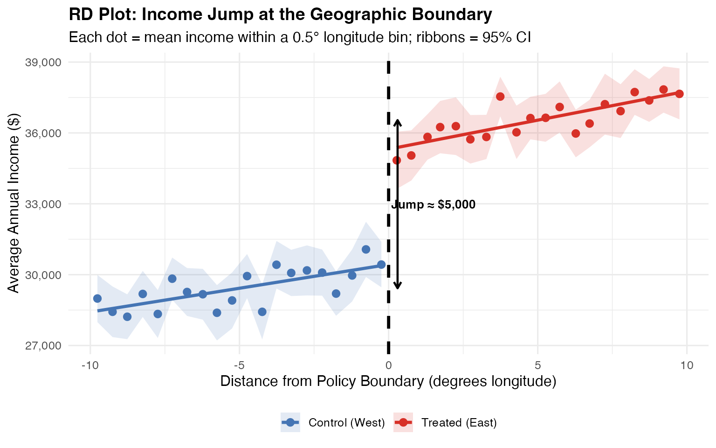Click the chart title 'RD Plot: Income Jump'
click(x=280, y=15)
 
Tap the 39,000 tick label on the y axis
click(x=42, y=63)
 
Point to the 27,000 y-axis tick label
click(x=42, y=346)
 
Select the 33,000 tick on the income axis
click(x=42, y=204)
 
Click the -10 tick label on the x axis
click(x=89, y=365)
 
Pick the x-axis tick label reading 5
click(x=537, y=365)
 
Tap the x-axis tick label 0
click(x=388, y=365)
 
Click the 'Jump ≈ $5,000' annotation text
click(x=434, y=205)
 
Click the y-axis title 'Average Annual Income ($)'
click(x=14, y=203)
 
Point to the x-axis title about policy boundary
click(x=388, y=382)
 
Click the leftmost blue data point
click(x=97, y=299)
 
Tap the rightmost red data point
click(x=679, y=94)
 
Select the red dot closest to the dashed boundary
click(x=397, y=161)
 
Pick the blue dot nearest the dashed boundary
click(x=381, y=265)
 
